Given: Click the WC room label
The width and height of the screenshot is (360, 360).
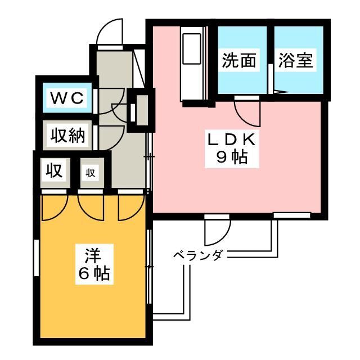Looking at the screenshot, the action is tap(67, 98).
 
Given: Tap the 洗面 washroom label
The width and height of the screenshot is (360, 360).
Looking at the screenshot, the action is tap(238, 60).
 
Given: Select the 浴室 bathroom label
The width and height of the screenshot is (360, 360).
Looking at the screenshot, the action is tap(295, 60).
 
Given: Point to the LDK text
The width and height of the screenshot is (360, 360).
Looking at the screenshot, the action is tap(231, 139).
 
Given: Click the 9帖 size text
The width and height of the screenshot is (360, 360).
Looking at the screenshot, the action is tap(232, 157).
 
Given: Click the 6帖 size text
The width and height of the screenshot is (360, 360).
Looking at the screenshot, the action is tap(94, 273).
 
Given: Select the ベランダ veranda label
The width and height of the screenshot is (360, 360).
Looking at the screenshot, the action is tap(198, 255).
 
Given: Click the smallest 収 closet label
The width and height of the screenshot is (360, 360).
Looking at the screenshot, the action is tap(91, 173).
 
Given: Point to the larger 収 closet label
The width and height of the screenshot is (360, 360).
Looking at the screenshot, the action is tap(54, 171).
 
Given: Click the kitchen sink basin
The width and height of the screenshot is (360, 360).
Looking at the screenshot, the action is tap(192, 48).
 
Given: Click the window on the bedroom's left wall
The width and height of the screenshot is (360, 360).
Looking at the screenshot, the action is tap(37, 258).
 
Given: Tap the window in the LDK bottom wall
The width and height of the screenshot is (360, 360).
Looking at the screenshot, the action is tap(292, 215).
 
